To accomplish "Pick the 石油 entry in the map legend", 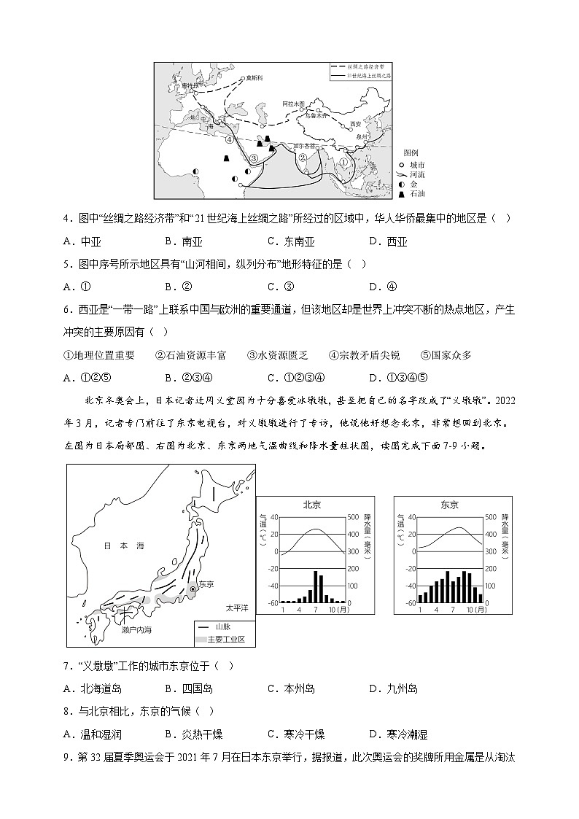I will click(x=412, y=193).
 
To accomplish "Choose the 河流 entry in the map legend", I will click(x=412, y=174).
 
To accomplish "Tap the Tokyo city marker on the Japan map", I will click(x=193, y=589).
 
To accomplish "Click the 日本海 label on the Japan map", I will click(x=114, y=545).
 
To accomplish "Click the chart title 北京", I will click(x=312, y=505).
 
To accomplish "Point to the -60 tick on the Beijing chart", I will click(x=273, y=603).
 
